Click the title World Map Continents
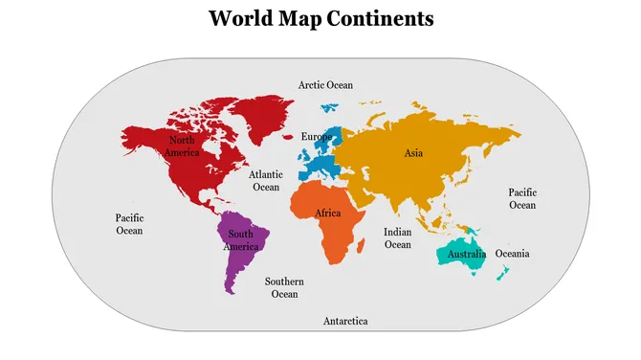pos(320,18)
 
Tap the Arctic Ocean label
pos(325,85)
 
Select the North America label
pos(181,146)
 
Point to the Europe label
pos(317,137)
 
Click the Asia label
pos(413,153)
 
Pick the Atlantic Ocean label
pos(265,181)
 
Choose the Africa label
pos(328,213)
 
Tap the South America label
pos(241,240)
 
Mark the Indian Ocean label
pos(397,238)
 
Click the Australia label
pos(467,255)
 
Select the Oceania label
pos(511,254)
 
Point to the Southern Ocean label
pos(284,287)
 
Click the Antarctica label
pos(345,321)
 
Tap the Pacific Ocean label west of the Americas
pos(129,224)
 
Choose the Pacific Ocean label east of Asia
pos(522,199)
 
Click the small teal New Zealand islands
pos(502,274)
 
